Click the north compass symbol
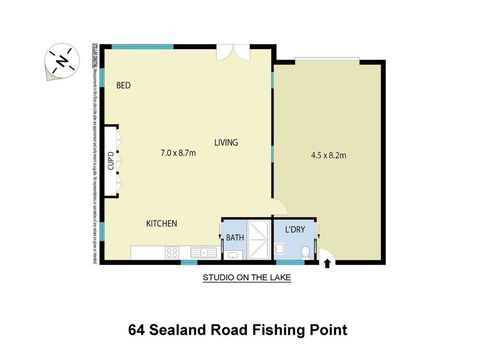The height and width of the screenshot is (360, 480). [x=61, y=62]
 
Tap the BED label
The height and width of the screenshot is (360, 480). [x=124, y=86]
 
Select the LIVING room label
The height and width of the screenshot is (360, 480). [x=226, y=143]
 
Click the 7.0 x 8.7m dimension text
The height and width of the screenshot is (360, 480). [x=178, y=153]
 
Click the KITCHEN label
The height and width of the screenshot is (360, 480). [x=161, y=223]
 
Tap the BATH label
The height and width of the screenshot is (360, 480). [x=234, y=238]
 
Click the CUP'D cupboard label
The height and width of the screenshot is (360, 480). [x=111, y=160]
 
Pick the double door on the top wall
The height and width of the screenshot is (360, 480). [x=231, y=52]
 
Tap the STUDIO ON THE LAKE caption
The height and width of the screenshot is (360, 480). [x=246, y=279]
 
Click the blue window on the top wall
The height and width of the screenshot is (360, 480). [x=137, y=46]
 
